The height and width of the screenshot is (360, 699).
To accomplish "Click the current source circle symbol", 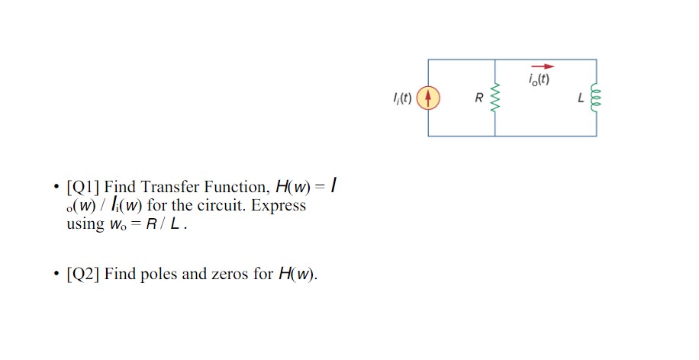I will pos(428,98).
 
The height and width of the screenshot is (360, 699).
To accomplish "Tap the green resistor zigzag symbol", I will pos(495,98).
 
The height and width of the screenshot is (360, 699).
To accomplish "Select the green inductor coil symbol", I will pos(596,98).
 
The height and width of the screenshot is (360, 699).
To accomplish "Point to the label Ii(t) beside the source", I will pos(401,98).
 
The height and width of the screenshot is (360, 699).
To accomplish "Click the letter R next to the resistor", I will pos(478,98).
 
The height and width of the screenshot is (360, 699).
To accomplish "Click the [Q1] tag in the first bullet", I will pos(83,187).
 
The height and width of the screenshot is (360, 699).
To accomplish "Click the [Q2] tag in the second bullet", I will pos(83,275).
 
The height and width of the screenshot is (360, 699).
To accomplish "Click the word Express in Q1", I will pos(282,205).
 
